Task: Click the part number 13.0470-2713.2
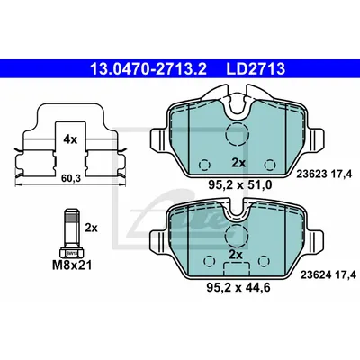click(x=148, y=69)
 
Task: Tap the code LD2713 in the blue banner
click(x=256, y=69)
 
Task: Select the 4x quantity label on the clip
click(x=70, y=139)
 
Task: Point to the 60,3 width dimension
click(x=71, y=179)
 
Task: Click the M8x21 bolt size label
click(x=72, y=265)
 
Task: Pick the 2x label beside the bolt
click(x=91, y=228)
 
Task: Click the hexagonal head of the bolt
click(x=71, y=253)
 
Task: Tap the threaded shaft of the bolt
click(x=71, y=228)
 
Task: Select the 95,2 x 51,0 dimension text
click(x=240, y=185)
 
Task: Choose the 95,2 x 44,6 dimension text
click(x=238, y=287)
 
